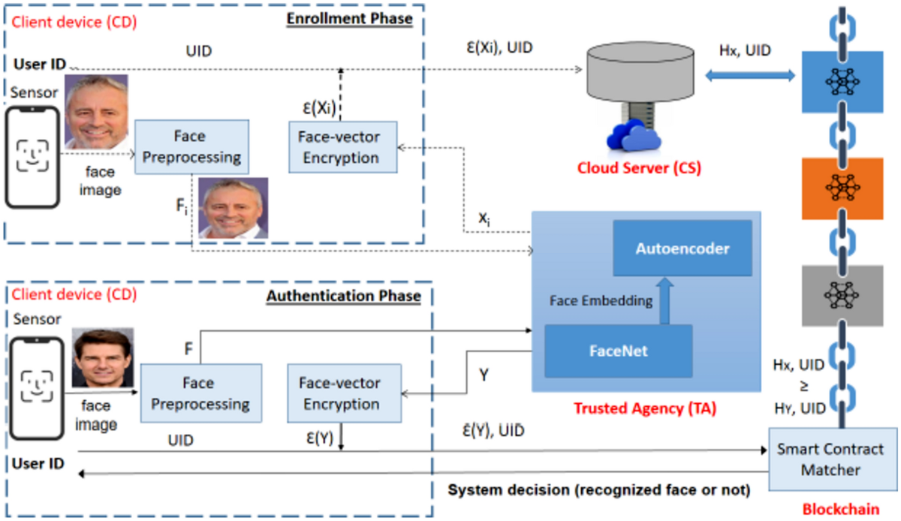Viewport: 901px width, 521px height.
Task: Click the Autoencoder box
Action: [x=682, y=248]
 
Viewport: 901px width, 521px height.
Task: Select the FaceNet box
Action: [x=617, y=350]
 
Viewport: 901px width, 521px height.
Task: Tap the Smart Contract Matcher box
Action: [x=832, y=460]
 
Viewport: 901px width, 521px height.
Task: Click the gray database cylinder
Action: [x=638, y=75]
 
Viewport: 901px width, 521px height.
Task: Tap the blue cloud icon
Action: [x=632, y=138]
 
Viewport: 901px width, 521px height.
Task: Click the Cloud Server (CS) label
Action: [x=638, y=168]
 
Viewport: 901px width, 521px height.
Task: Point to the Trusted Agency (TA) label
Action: [x=645, y=409]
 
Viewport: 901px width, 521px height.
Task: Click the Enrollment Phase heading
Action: [x=350, y=18]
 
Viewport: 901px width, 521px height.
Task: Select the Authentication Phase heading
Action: [x=343, y=296]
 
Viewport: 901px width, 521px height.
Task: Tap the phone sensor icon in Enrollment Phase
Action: [x=32, y=157]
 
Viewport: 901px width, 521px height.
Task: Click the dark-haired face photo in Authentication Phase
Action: [x=102, y=357]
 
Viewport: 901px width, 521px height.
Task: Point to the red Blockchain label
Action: [x=841, y=509]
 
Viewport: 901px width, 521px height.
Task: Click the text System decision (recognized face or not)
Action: [x=599, y=491]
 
